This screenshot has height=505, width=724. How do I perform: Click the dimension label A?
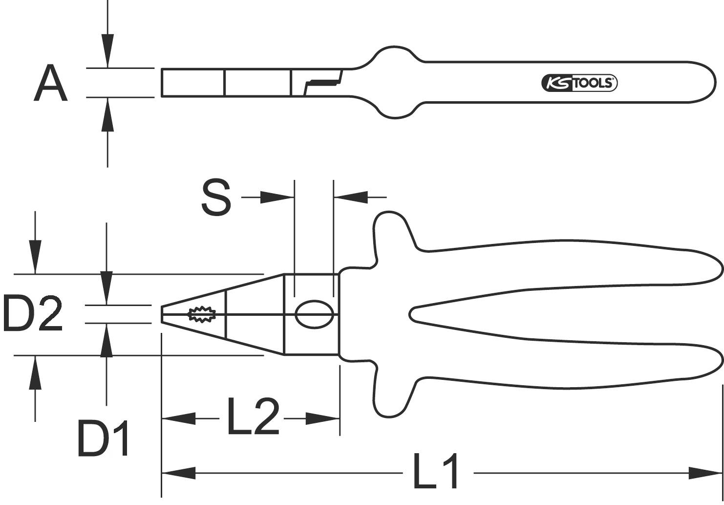pyautogui.click(x=50, y=84)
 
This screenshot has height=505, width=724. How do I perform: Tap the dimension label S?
pyautogui.click(x=215, y=198)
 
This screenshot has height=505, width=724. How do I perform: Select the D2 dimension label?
pyautogui.click(x=33, y=313)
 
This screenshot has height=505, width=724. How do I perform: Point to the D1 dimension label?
pyautogui.click(x=104, y=438)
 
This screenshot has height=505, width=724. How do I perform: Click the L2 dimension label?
pyautogui.click(x=253, y=417)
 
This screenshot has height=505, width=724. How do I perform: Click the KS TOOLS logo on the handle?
pyautogui.click(x=579, y=83)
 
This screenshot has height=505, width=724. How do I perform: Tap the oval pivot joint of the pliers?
pyautogui.click(x=314, y=314)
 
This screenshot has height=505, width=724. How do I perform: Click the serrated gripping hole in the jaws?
pyautogui.click(x=202, y=314)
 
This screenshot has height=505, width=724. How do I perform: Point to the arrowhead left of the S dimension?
pyautogui.click(x=277, y=198)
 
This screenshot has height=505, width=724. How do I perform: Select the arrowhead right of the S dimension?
pyautogui.click(x=350, y=198)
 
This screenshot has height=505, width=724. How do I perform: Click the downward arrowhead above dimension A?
pyautogui.click(x=107, y=51)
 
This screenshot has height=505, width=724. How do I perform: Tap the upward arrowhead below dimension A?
pyautogui.click(x=107, y=114)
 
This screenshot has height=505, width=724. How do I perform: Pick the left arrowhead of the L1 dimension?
pyautogui.click(x=179, y=473)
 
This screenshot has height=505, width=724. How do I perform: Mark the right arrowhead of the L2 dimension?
pyautogui.click(x=322, y=418)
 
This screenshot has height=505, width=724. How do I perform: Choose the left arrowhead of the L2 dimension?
pyautogui.click(x=179, y=418)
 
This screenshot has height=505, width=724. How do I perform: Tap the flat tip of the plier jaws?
pyautogui.click(x=162, y=314)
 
